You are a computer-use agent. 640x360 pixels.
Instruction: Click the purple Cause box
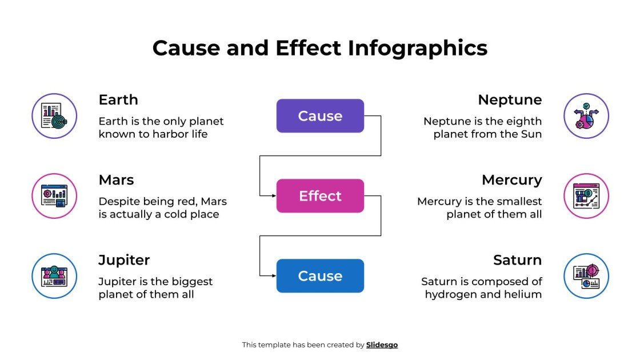pyautogui.click(x=320, y=116)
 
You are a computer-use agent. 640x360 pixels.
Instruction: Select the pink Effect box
pyautogui.click(x=320, y=196)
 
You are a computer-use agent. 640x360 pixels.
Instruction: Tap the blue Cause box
pyautogui.click(x=320, y=276)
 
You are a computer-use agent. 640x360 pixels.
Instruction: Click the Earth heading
pyautogui.click(x=118, y=100)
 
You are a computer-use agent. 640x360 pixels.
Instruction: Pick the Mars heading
pyautogui.click(x=116, y=180)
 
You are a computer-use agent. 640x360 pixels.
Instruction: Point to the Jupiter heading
pyautogui.click(x=124, y=260)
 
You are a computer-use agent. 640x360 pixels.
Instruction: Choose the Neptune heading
pyautogui.click(x=510, y=100)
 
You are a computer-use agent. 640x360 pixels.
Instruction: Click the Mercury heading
pyautogui.click(x=511, y=180)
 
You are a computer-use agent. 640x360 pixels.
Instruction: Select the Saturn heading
pyautogui.click(x=517, y=260)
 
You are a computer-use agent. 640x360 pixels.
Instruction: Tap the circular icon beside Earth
pyautogui.click(x=54, y=116)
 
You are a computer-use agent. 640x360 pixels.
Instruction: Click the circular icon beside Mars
pyautogui.click(x=54, y=196)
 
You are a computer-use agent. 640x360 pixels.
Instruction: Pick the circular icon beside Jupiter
pyautogui.click(x=54, y=276)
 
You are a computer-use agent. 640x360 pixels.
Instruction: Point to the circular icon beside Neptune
pyautogui.click(x=586, y=116)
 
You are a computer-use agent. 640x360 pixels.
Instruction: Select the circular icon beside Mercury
pyautogui.click(x=586, y=196)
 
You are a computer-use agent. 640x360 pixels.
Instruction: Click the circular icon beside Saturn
pyautogui.click(x=586, y=276)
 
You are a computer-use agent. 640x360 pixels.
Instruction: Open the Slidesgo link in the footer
pyautogui.click(x=382, y=345)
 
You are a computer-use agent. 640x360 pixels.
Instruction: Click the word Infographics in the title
pyautogui.click(x=418, y=48)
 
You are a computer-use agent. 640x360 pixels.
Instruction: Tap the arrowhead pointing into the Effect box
pyautogui.click(x=274, y=196)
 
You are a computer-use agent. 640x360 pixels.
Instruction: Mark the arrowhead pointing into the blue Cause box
pyautogui.click(x=274, y=276)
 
